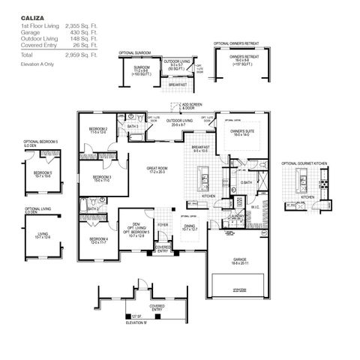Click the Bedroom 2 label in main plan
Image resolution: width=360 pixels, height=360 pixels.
pos(98,130)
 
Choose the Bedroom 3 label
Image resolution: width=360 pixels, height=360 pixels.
pos(102,177)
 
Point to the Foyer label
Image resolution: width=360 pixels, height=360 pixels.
pos(162,223)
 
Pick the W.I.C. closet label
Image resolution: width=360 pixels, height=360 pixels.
pos(255,207)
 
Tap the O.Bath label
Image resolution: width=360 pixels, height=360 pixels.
pos(246,182)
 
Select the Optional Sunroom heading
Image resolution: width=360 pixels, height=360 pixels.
pos(136,53)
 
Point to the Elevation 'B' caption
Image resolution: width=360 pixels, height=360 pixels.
pos(136,321)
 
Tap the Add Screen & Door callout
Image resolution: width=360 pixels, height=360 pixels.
pos(193,106)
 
